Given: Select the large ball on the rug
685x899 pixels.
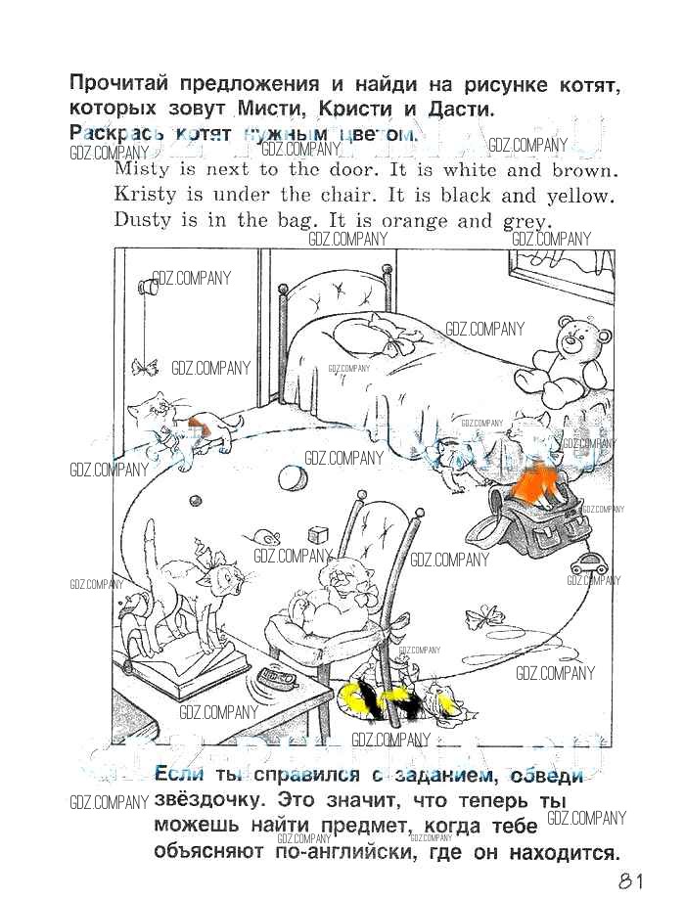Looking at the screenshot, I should point(291,478).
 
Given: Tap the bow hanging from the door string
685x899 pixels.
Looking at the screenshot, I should point(145,367).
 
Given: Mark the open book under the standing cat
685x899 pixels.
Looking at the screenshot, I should point(166,673).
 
